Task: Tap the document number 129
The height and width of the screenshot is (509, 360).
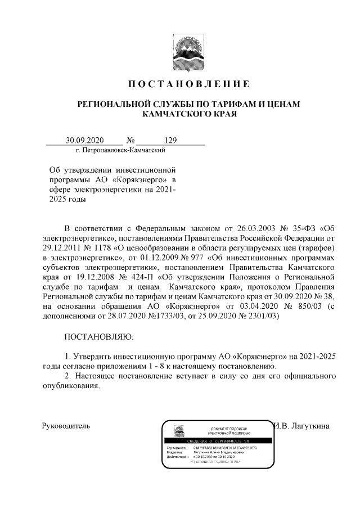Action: click(170, 141)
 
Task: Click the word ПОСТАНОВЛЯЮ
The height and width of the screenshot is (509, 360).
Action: click(99, 337)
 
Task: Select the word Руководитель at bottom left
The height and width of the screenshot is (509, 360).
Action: click(66, 426)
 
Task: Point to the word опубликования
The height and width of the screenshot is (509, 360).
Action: click(71, 386)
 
